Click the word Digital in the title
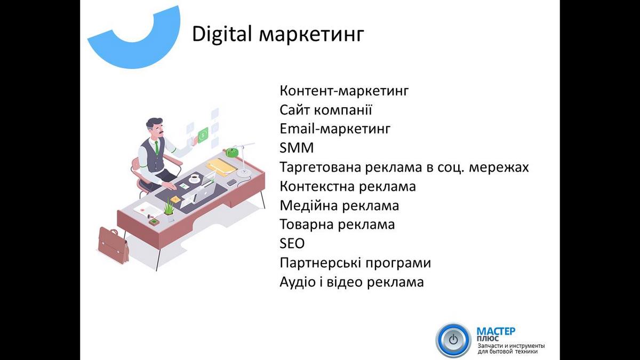pos(222,34)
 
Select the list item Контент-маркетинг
pos(345,91)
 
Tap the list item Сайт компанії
pos(326,110)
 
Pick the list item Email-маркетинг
pos(335,129)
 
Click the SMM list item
pos(297,148)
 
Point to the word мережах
pos(499,167)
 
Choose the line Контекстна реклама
pos(348,187)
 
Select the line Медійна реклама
pos(339,206)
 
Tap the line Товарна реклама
pos(337,225)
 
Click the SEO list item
pos(292,244)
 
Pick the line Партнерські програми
pos(355,263)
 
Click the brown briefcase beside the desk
pos(114,245)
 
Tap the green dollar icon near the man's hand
pos(203,134)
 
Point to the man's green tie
pos(157,147)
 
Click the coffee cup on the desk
pos(195,178)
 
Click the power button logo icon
pos(453,340)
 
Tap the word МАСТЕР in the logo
pos(496,332)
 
